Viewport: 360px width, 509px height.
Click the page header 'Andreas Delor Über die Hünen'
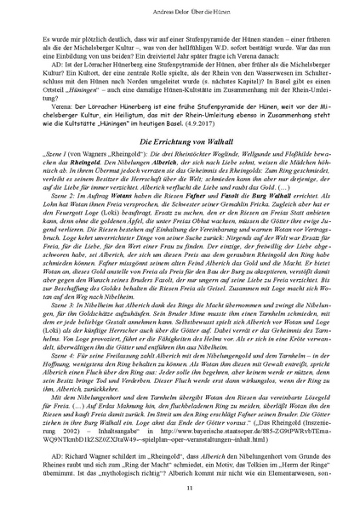pyautogui.click(x=180, y=11)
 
